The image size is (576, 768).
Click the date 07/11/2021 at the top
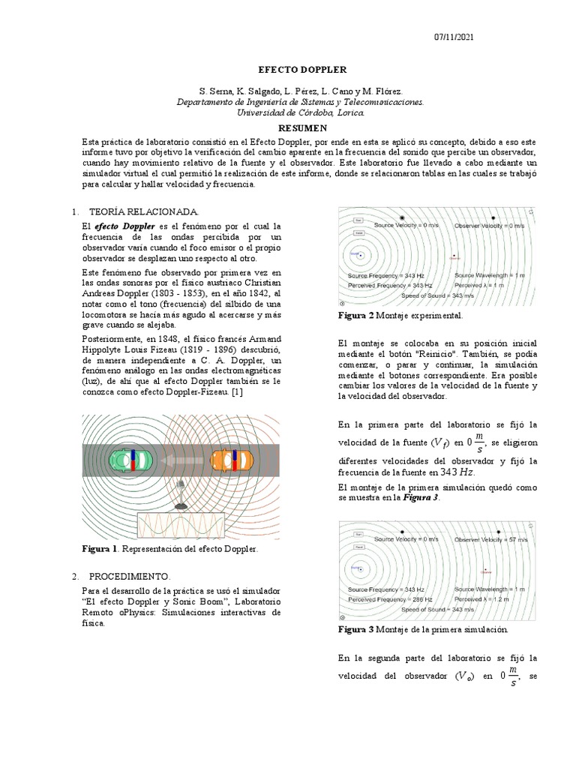pos(454,37)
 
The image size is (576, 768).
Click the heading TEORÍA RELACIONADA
pos(144,212)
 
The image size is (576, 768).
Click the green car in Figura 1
pos(131,459)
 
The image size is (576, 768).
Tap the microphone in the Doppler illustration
pos(180,496)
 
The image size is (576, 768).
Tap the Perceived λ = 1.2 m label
pos(481,600)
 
